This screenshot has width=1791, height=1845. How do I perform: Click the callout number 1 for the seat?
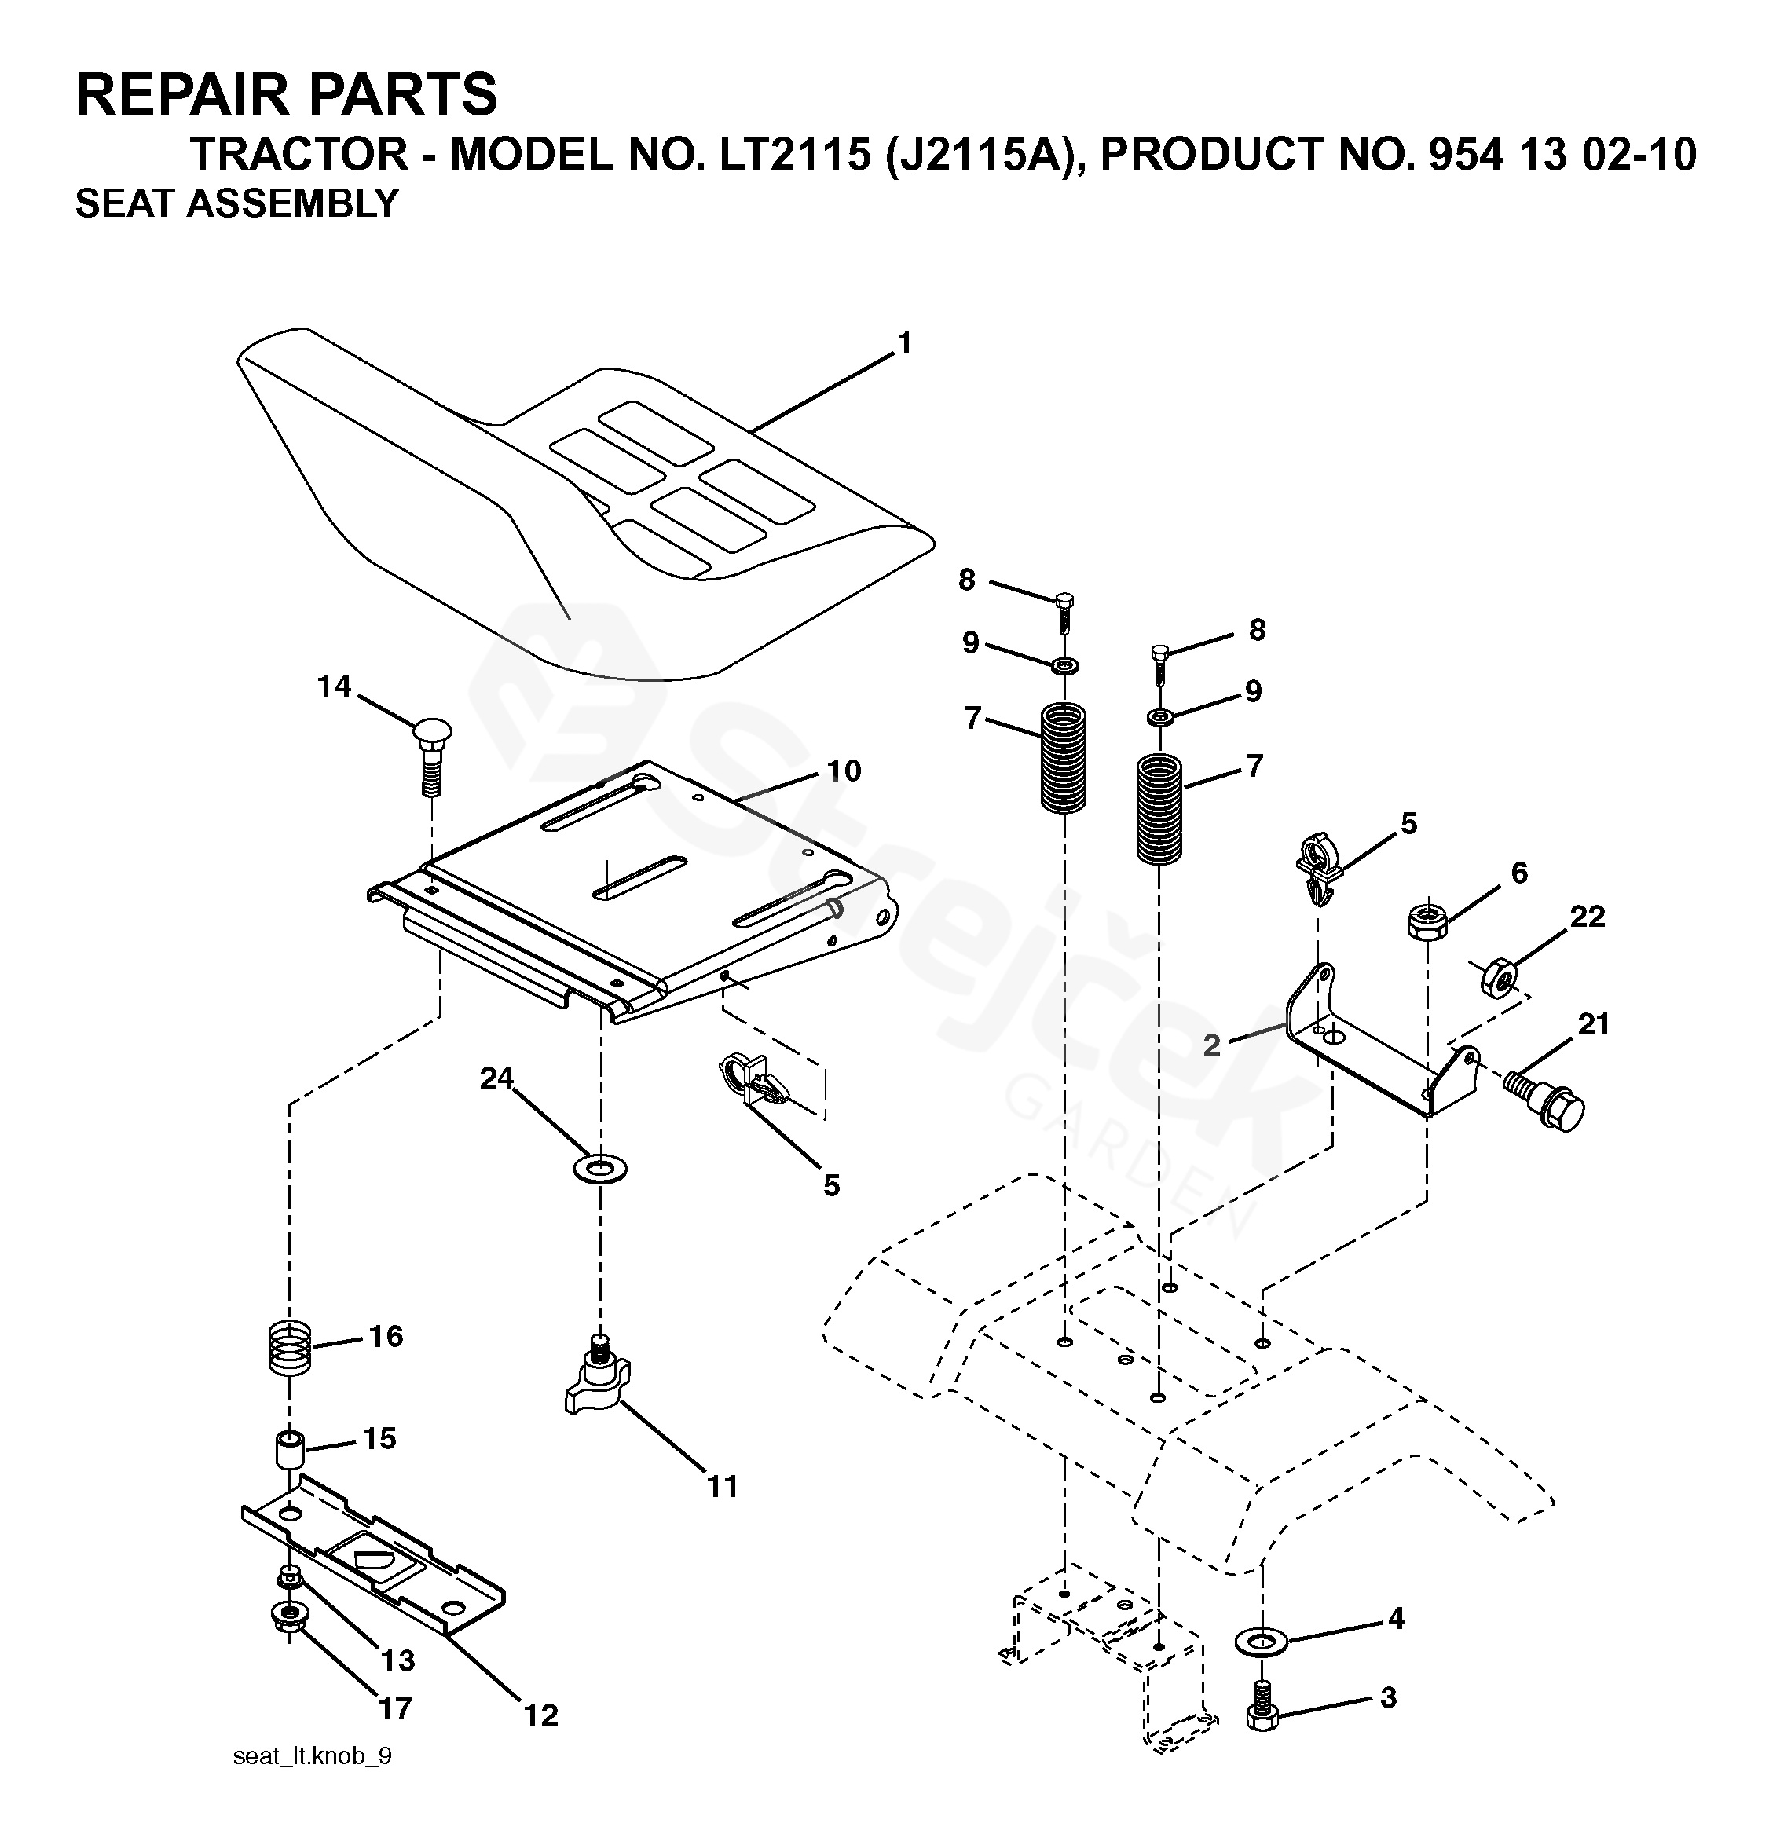pos(905,345)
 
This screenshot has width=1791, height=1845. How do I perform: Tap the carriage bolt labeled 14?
pos(432,757)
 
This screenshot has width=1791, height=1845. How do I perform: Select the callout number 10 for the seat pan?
pos(844,771)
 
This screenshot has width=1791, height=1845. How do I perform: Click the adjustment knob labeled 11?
pos(597,1385)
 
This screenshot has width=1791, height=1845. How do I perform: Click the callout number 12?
pos(541,1715)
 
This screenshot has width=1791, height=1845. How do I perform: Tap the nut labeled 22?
pos(1498,979)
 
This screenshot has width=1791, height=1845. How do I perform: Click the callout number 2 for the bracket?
pos(1212,1045)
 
